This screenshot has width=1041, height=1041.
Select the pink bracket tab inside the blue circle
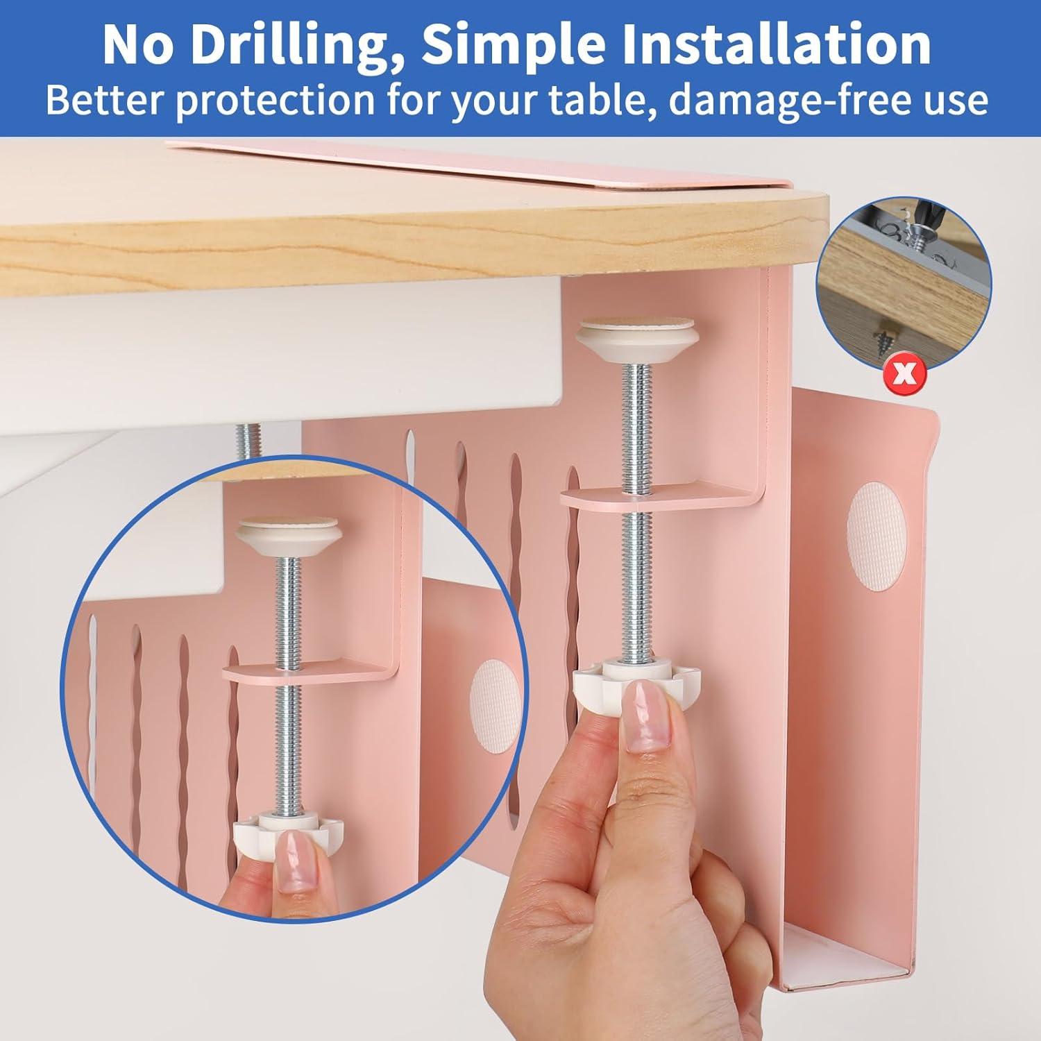coord(305,671)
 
